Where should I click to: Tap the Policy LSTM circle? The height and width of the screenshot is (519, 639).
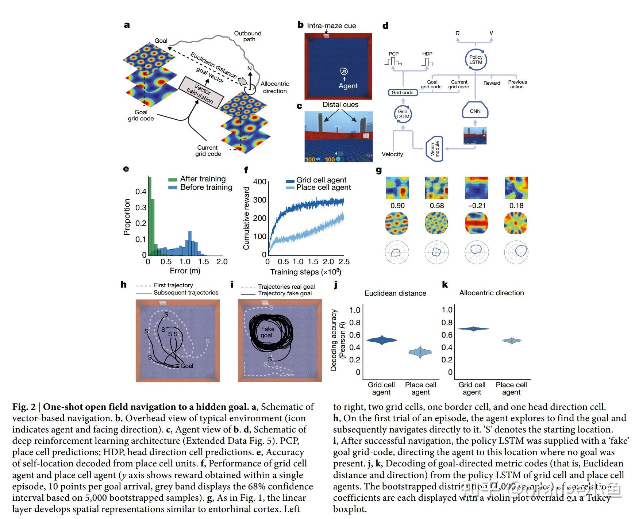(476, 59)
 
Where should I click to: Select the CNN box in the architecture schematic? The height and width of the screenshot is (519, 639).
(475, 111)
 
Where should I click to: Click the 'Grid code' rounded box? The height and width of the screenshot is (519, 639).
(403, 93)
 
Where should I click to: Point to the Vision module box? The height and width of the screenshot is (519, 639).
(434, 149)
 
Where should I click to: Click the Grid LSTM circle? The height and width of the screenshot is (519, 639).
(403, 114)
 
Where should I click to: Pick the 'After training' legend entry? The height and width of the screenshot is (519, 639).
(203, 179)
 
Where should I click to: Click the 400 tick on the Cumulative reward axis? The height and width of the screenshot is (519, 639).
(259, 182)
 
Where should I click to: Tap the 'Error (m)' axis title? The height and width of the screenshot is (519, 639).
(185, 271)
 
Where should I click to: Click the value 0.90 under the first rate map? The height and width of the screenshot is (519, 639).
(397, 206)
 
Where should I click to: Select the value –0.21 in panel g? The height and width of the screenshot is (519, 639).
(477, 206)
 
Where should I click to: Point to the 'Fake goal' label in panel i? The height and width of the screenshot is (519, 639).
(267, 332)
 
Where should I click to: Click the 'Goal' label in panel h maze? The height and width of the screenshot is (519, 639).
(187, 366)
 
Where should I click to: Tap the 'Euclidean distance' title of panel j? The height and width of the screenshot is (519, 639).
(395, 293)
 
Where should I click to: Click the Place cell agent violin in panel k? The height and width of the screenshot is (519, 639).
(512, 341)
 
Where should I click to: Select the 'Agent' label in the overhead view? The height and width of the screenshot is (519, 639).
(348, 86)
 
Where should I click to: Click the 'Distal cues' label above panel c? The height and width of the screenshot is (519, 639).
(340, 105)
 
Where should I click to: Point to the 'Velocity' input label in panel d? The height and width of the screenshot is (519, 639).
(392, 154)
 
